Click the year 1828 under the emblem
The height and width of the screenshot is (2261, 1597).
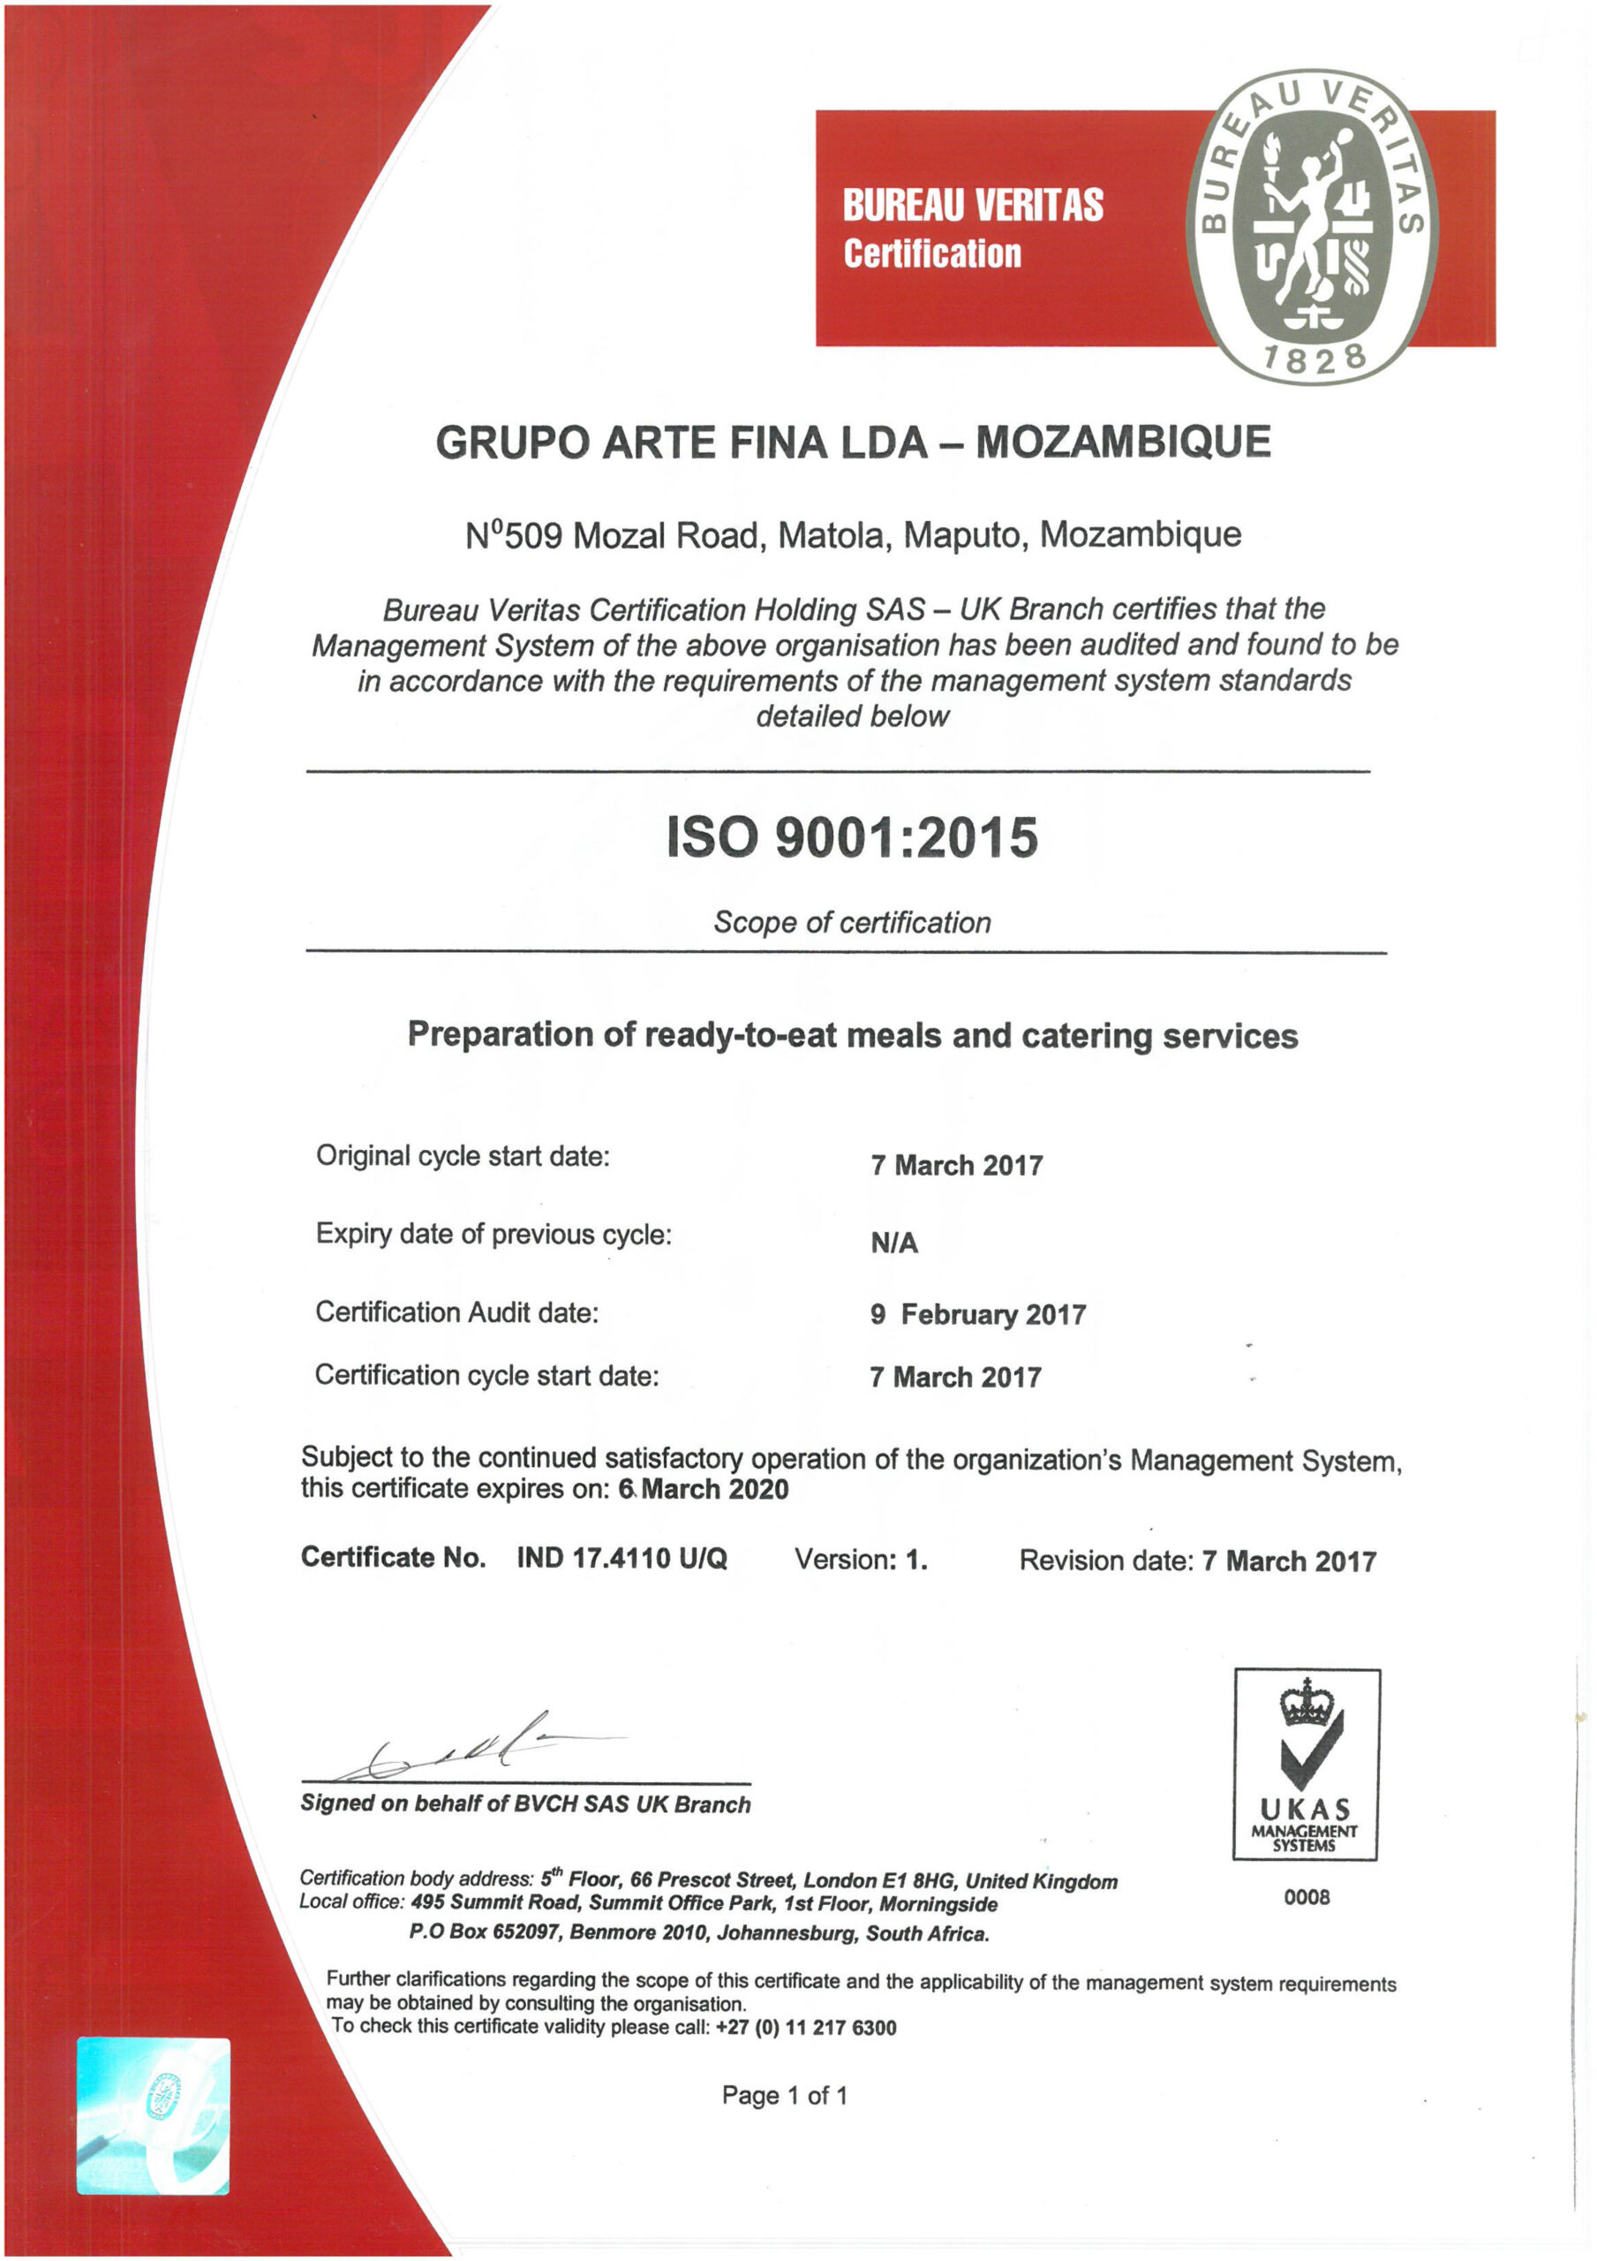(x=1315, y=359)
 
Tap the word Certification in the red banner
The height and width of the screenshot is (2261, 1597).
(x=931, y=254)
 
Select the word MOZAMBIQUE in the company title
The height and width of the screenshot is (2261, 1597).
(x=1122, y=442)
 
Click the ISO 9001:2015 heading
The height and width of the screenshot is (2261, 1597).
(x=852, y=837)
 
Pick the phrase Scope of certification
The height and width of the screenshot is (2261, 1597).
(x=852, y=923)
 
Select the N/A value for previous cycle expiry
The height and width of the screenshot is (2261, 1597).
(x=894, y=1244)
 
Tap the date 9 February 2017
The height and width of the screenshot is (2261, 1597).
(x=977, y=1315)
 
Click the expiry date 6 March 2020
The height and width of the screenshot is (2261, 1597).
(x=703, y=1488)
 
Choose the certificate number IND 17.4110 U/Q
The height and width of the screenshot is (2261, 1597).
(x=621, y=1558)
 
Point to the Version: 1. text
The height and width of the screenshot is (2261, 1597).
(x=861, y=1559)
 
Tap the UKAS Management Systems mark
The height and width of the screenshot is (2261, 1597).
(x=1306, y=1763)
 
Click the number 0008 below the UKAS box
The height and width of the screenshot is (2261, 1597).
(x=1306, y=1896)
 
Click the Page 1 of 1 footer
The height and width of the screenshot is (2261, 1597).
(x=784, y=2095)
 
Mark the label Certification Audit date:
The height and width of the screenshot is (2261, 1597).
(x=456, y=1312)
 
